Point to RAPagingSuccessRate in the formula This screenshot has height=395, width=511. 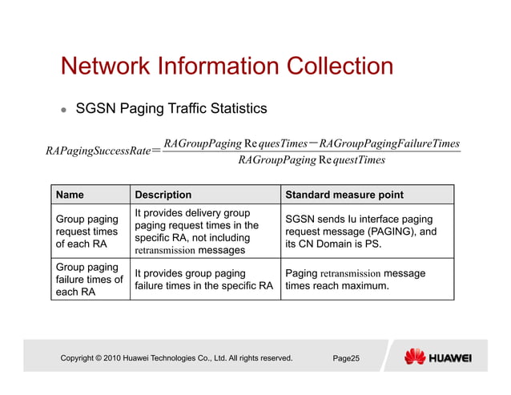pos(99,151)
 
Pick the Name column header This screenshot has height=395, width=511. pos(70,195)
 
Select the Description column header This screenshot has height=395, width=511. pos(163,195)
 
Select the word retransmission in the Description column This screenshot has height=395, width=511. pos(164,250)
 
